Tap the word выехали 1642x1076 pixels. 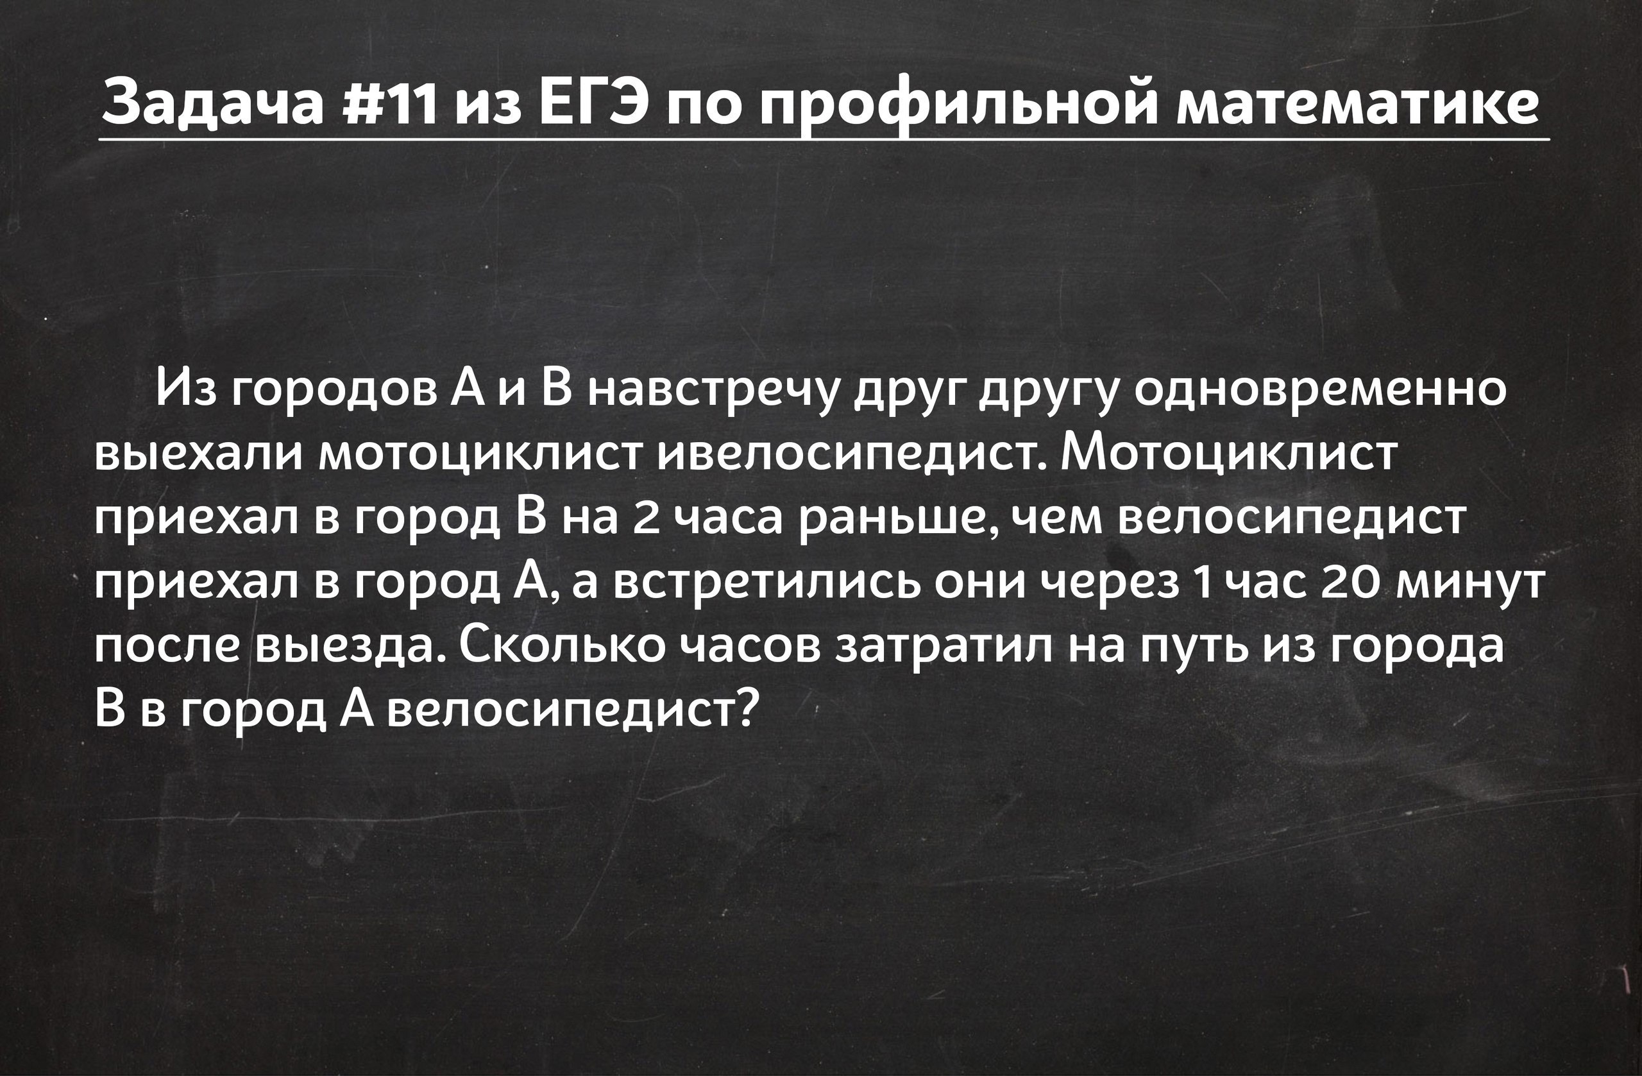pos(199,455)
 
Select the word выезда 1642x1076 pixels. pos(349,649)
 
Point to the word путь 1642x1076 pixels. pos(1194,649)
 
